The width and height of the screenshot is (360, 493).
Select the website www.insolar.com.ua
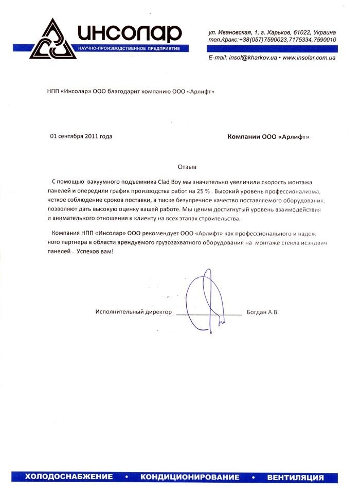click(x=309, y=59)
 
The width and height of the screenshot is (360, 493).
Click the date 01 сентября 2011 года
click(x=81, y=136)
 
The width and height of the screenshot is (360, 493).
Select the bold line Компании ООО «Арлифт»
click(x=268, y=137)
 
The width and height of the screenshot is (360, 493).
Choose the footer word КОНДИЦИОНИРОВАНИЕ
click(x=190, y=477)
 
